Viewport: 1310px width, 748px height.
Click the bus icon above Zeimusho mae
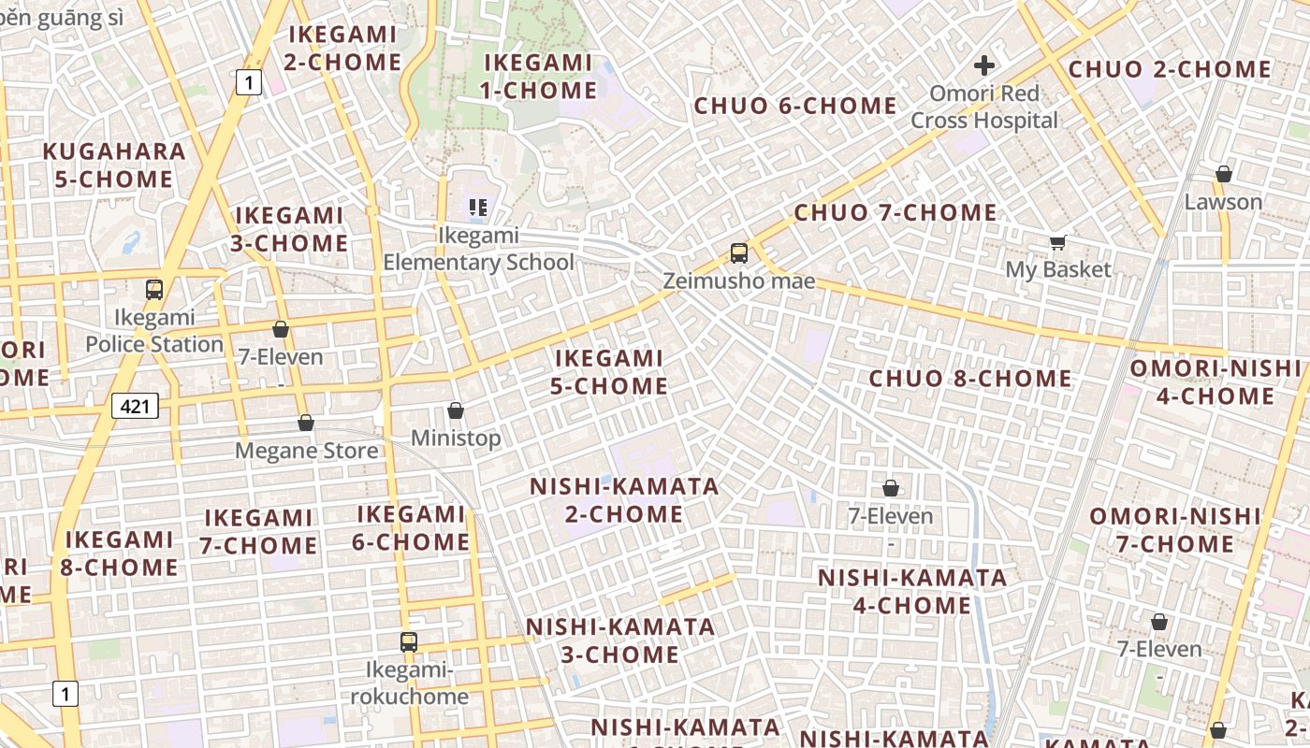(739, 252)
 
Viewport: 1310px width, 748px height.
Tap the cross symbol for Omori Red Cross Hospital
(983, 65)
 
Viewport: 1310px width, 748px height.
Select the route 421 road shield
(136, 406)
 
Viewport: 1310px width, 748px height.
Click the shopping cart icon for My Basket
(1058, 243)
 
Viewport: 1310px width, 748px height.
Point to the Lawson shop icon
(1223, 174)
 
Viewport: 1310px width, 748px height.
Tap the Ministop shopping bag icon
(456, 410)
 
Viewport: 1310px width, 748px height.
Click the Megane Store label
(307, 451)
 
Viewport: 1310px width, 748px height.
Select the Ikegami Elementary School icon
(478, 208)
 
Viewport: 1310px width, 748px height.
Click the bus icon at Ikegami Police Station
(154, 290)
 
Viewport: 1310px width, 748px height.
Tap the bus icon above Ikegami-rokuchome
(409, 642)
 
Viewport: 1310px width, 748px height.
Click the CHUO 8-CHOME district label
(970, 379)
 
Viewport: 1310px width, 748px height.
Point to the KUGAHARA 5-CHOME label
(114, 165)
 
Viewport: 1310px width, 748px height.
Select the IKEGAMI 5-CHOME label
(609, 372)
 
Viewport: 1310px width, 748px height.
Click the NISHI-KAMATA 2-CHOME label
(624, 500)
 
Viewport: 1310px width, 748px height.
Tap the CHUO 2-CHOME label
(1170, 70)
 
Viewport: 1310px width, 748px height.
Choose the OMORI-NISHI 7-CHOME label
(1175, 530)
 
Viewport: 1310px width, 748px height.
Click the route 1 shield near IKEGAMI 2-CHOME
(247, 82)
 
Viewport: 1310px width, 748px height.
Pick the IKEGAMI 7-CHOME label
(258, 531)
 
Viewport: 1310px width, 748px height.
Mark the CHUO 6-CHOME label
(795, 106)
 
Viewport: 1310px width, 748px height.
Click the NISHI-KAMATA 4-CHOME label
(912, 591)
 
